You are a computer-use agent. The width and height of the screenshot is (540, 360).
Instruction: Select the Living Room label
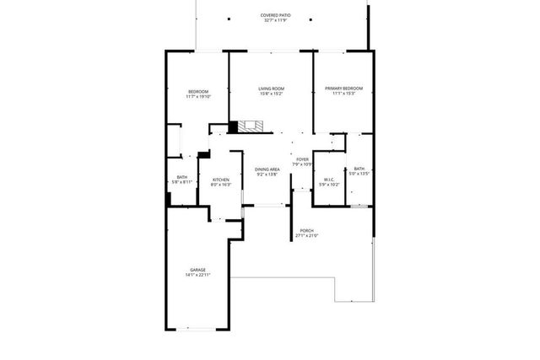pyautogui.click(x=270, y=89)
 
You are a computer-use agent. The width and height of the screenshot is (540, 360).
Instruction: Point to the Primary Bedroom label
pyautogui.click(x=343, y=89)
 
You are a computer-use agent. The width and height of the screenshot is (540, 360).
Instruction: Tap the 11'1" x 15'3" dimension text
pyautogui.click(x=343, y=94)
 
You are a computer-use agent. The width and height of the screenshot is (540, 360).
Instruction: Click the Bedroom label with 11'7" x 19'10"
pyautogui.click(x=197, y=91)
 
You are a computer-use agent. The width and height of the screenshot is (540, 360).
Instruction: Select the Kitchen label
pyautogui.click(x=220, y=180)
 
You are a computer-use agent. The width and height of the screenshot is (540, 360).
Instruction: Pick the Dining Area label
pyautogui.click(x=267, y=170)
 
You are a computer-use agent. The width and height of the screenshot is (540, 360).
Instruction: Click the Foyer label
pyautogui.click(x=302, y=159)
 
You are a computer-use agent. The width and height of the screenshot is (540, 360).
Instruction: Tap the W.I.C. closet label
pyautogui.click(x=331, y=179)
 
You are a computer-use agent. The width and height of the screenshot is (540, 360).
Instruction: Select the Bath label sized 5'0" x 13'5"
pyautogui.click(x=360, y=169)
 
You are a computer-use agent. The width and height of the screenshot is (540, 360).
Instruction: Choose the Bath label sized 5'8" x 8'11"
pyautogui.click(x=182, y=177)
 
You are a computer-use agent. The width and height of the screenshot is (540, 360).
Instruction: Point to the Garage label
pyautogui.click(x=197, y=270)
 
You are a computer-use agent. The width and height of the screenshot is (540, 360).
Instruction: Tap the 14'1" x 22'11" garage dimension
pyautogui.click(x=197, y=276)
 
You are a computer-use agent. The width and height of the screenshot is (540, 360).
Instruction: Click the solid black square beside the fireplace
pyautogui.click(x=233, y=127)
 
